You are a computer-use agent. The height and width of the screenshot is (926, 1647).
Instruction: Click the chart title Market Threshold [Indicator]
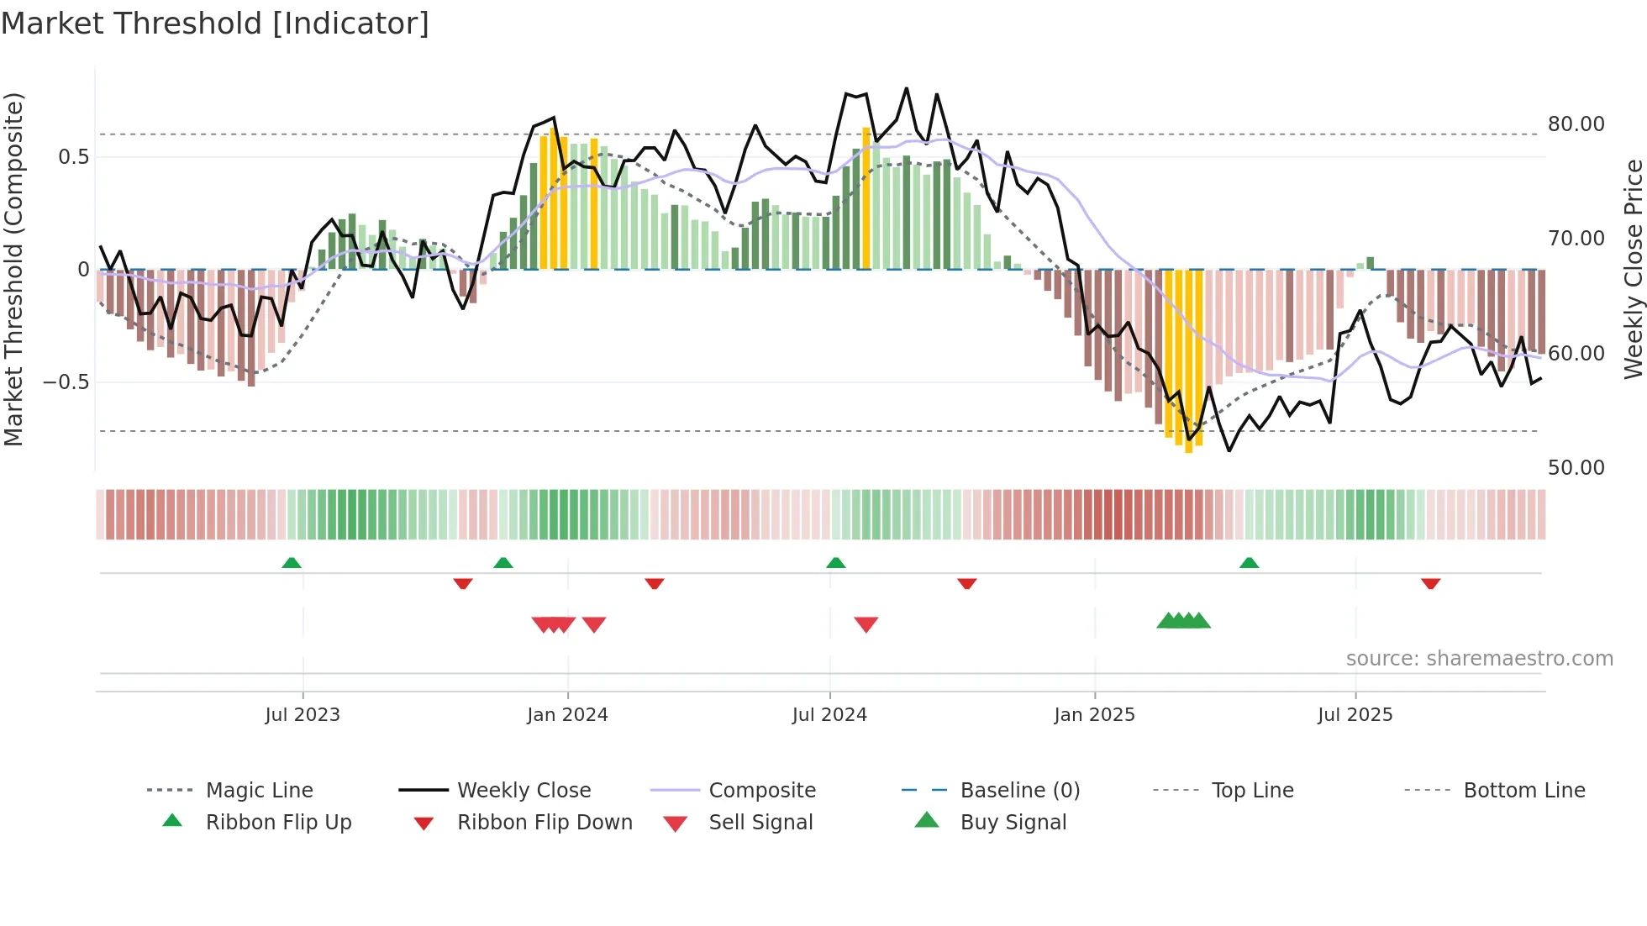pos(215,24)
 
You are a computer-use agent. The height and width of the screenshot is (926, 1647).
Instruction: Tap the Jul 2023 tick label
pos(303,715)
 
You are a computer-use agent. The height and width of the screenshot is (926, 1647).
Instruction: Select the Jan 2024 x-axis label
pos(567,715)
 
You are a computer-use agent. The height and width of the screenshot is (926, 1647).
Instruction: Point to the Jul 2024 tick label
pos(829,715)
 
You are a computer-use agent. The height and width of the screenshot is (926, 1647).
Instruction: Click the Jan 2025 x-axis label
pos(1094,715)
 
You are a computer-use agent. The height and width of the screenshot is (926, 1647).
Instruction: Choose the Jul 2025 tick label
pos(1355,715)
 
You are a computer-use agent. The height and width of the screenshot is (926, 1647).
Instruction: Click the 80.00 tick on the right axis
pos(1576,124)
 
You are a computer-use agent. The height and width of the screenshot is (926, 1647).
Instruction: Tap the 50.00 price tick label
pos(1576,468)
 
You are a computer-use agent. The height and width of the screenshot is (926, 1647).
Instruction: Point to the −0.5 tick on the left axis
pos(66,382)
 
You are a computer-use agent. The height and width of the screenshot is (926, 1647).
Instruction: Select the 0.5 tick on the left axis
pos(73,157)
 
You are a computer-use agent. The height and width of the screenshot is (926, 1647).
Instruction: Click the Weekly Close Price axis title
pos(1633,269)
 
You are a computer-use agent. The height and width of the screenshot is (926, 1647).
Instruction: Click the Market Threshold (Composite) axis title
pos(13,269)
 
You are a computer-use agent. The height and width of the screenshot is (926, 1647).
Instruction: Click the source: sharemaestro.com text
pos(1479,659)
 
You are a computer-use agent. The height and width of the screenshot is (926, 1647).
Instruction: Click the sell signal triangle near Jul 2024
pos(866,624)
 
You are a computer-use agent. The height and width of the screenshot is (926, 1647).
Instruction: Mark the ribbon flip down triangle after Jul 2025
pos(1430,584)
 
